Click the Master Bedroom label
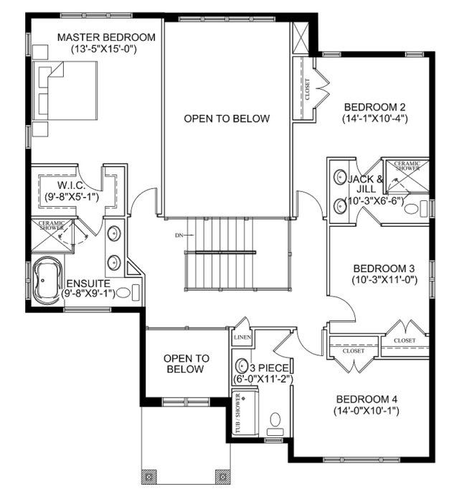point(106,37)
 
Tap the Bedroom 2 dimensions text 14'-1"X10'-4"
point(375,118)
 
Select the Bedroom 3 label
point(384,269)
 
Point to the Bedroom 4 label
point(366,399)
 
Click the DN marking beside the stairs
point(179,235)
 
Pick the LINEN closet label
point(242,337)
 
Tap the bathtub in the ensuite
point(47,281)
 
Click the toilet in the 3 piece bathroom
point(275,424)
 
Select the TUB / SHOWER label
point(238,414)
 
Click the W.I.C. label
point(71,185)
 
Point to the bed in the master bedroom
point(65,90)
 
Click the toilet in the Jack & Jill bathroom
point(416,209)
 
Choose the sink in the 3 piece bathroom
point(241,366)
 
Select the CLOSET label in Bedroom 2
point(307,90)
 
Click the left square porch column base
point(149,477)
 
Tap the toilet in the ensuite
point(128,292)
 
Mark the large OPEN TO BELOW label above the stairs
point(227,118)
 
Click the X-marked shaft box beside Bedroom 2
point(301,38)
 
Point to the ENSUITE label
point(88,283)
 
